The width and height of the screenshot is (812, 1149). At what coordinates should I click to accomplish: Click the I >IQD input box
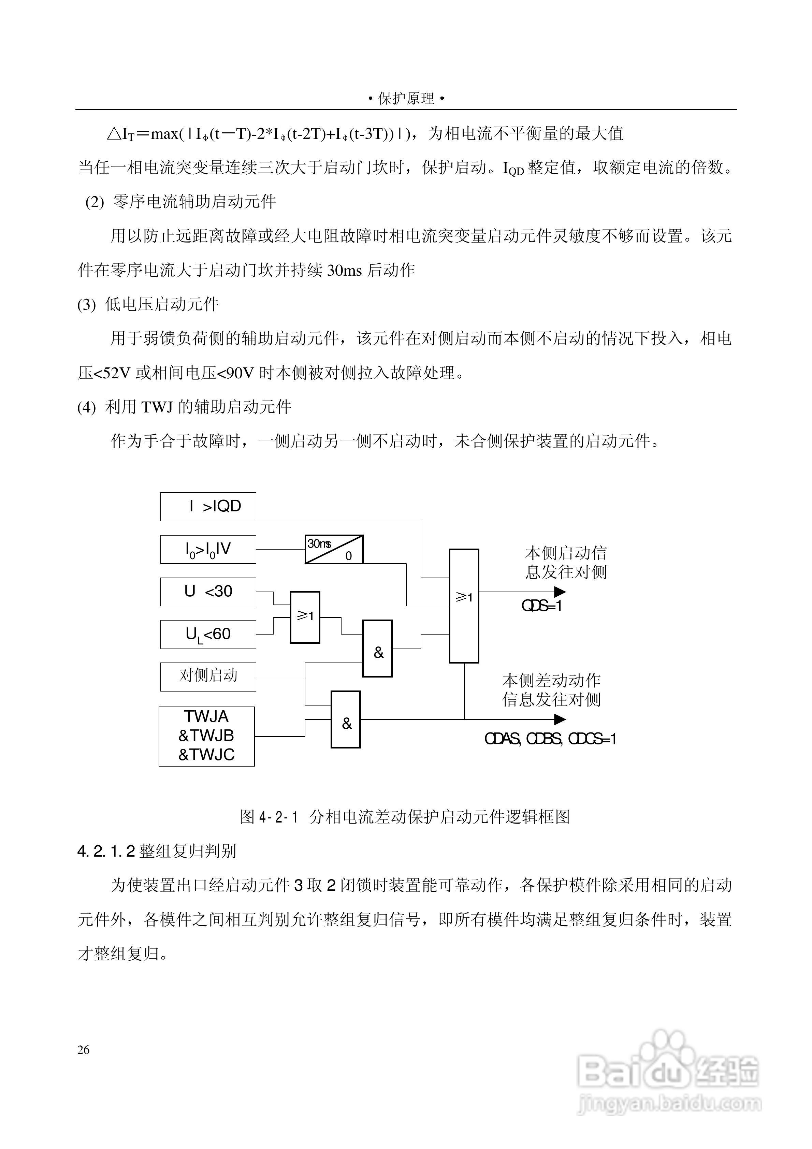tap(208, 507)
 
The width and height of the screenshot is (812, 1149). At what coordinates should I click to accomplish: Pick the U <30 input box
tap(208, 592)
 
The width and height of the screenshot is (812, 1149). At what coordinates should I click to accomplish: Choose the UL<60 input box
tap(208, 635)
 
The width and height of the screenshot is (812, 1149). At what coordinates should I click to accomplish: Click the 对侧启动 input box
tap(208, 677)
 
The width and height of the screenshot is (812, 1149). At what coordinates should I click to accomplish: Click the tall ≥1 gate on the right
tap(464, 606)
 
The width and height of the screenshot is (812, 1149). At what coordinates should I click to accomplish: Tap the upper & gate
tap(377, 649)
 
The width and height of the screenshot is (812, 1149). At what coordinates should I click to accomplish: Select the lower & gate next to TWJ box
tap(345, 719)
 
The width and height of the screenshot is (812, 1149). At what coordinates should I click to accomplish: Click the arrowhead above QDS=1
tap(560, 592)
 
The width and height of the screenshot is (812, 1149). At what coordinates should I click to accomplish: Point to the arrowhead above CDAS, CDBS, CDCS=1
tap(560, 719)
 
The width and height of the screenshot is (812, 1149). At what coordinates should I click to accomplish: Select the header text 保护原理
tap(406, 99)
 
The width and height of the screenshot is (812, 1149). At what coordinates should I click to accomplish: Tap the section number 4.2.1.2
tap(106, 851)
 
